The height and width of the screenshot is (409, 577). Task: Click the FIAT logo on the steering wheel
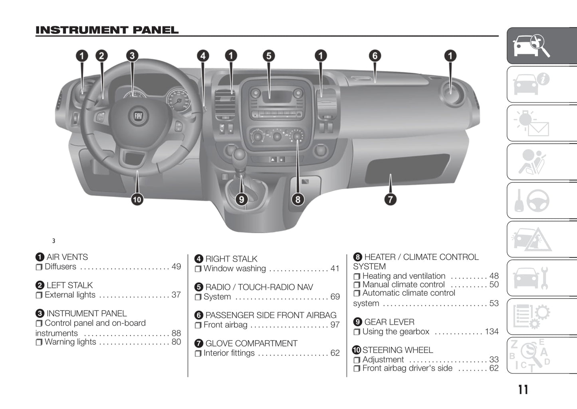coord(138,116)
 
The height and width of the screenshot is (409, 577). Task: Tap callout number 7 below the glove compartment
coord(390,199)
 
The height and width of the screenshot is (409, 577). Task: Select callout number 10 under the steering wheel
coord(137,199)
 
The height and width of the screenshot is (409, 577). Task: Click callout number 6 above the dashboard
coord(375,56)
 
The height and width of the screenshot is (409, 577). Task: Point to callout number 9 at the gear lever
coord(241,199)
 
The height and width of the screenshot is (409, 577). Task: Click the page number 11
coord(523,389)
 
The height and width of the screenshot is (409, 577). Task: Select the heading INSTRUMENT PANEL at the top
coord(107,30)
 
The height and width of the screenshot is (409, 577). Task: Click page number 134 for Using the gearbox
coord(492,332)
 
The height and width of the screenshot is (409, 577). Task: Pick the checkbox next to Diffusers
coord(39,267)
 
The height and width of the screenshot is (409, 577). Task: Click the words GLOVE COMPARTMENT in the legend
coord(251,343)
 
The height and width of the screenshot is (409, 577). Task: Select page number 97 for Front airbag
coord(335,325)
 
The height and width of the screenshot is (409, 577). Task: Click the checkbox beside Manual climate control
coord(357,285)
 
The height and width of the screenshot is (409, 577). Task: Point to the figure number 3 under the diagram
coord(54,241)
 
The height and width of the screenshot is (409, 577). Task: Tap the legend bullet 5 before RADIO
coord(199,287)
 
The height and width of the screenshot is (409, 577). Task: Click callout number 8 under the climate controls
coord(297,199)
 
